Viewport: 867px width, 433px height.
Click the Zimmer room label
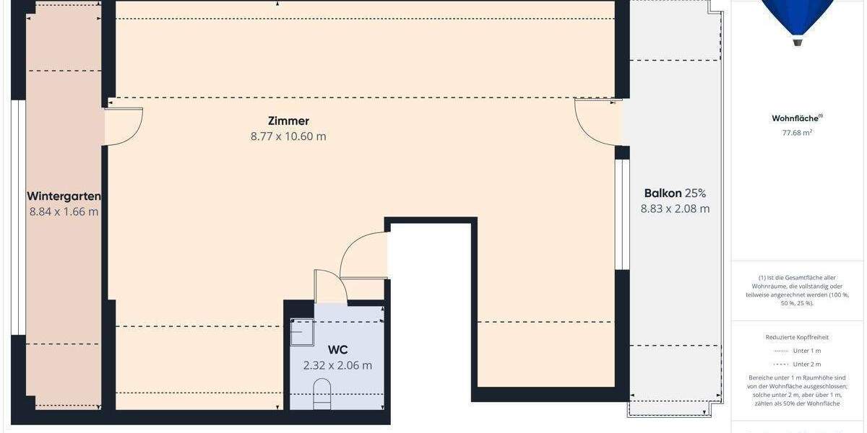point(288,121)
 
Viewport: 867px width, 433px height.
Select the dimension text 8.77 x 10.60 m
point(288,136)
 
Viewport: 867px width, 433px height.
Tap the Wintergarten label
point(64,196)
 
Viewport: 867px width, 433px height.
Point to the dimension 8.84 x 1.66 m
point(64,212)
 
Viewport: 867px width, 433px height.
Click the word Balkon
point(663,193)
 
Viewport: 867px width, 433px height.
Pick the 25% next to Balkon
point(696,193)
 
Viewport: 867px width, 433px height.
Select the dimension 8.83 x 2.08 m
point(675,209)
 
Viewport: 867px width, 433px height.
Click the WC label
point(337,350)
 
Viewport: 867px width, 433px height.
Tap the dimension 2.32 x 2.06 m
point(337,365)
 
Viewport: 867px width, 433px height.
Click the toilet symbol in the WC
point(322,395)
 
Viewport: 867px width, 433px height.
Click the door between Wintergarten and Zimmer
point(124,126)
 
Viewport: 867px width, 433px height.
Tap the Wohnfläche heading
point(798,118)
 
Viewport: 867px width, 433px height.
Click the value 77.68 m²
point(798,133)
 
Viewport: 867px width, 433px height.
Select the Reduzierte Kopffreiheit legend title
point(798,337)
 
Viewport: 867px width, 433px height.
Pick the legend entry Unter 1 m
point(806,351)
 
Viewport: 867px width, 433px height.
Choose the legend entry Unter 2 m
point(806,364)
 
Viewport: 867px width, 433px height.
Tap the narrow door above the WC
point(327,286)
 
